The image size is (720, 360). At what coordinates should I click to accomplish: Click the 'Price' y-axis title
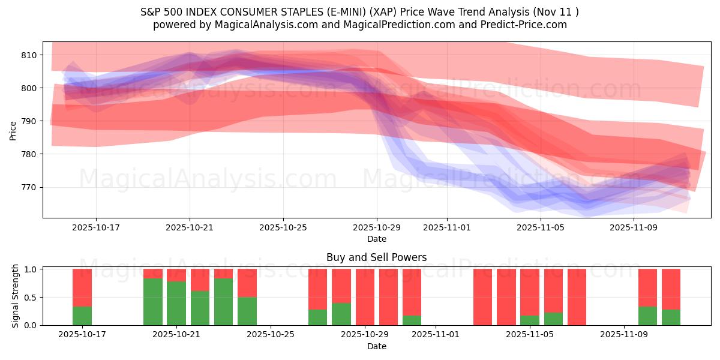[x=13, y=130]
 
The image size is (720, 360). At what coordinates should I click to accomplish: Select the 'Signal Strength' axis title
[x=16, y=296]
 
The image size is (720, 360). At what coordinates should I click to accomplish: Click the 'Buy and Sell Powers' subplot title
[x=376, y=257]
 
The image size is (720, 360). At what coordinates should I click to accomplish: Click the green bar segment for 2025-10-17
[x=82, y=316]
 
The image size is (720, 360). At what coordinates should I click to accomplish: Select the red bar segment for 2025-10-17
[x=82, y=287]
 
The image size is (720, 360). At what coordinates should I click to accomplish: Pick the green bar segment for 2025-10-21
[x=176, y=303]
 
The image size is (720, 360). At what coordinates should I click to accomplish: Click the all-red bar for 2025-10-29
[x=365, y=297]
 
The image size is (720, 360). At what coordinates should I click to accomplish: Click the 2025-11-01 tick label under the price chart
[x=447, y=227]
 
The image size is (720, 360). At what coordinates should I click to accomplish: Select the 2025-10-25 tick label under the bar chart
[x=271, y=335]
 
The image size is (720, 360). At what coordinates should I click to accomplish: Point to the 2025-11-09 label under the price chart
[x=634, y=227]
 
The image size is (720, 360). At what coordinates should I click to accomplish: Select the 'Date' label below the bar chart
[x=376, y=346]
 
